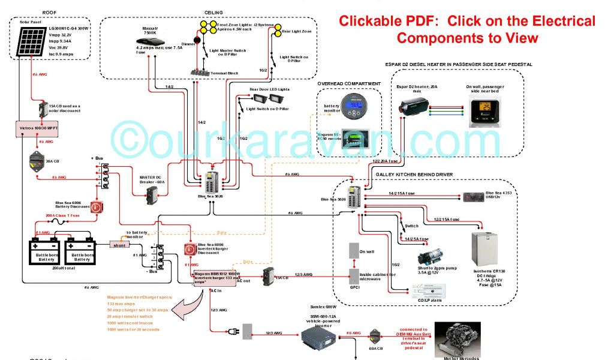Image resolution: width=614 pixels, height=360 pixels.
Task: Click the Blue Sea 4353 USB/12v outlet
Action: pyautogui.click(x=473, y=197)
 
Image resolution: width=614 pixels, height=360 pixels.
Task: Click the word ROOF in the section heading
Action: pyautogui.click(x=50, y=12)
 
